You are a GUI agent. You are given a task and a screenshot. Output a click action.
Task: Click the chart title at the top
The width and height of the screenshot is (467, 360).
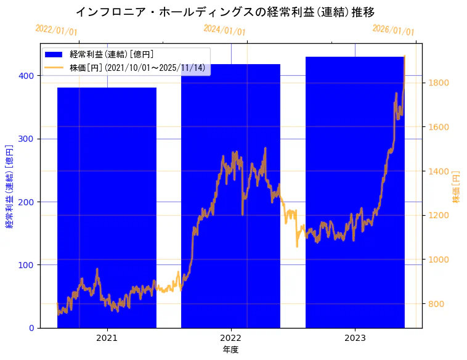pyautogui.click(x=225, y=12)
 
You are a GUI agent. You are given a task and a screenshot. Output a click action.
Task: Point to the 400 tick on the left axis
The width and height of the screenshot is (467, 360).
pyautogui.click(x=29, y=76)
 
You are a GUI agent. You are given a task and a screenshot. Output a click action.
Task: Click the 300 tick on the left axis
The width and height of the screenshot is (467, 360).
pyautogui.click(x=29, y=139)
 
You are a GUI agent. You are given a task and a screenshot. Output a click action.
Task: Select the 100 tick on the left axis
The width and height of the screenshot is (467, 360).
pyautogui.click(x=29, y=265)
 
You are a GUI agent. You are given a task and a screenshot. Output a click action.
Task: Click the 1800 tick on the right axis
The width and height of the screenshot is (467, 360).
pyautogui.click(x=439, y=83)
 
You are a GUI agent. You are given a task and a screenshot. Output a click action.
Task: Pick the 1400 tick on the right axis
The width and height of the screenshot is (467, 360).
pyautogui.click(x=439, y=171)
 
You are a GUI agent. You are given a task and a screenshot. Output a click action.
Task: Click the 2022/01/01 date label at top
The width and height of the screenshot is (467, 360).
pyautogui.click(x=56, y=30)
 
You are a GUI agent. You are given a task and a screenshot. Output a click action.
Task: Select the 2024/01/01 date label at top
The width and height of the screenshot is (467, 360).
pyautogui.click(x=224, y=30)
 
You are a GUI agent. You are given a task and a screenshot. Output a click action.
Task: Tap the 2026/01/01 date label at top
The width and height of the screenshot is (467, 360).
pyautogui.click(x=393, y=30)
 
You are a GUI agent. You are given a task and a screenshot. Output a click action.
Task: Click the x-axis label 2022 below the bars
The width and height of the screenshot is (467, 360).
pyautogui.click(x=230, y=338)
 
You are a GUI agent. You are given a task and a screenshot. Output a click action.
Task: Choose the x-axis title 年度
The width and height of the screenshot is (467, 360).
pyautogui.click(x=230, y=350)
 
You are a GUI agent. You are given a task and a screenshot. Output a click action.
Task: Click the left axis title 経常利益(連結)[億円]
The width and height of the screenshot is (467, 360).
pyautogui.click(x=9, y=187)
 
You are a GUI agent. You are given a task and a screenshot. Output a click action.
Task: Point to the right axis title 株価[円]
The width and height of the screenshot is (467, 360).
pyautogui.click(x=457, y=187)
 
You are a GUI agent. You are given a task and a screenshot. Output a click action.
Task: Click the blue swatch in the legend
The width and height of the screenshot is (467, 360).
pyautogui.click(x=54, y=55)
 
